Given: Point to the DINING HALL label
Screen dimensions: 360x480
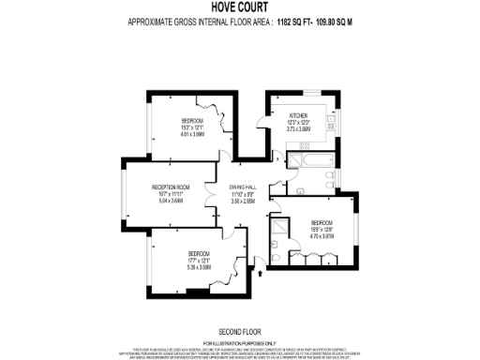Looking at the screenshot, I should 243,187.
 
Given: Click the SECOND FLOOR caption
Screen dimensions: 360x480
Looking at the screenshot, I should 239,332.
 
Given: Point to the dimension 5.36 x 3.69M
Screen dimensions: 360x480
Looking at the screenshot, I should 199,267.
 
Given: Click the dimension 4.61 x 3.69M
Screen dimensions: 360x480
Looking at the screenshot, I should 193,135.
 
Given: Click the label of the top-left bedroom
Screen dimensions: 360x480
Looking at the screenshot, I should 193,122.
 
